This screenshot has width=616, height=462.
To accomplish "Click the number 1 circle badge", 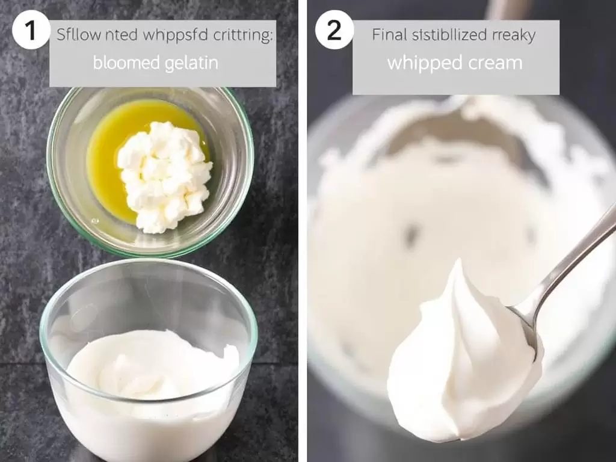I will (x=31, y=29).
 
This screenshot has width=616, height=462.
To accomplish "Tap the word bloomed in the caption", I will (x=122, y=63).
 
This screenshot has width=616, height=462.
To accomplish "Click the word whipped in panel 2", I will (x=421, y=63).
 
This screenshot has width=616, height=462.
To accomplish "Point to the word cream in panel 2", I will (x=493, y=63).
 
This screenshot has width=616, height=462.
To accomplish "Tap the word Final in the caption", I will (x=389, y=35).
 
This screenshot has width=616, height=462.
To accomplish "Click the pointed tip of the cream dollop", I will (x=458, y=265).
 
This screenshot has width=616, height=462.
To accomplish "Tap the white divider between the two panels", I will (x=303, y=231).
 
